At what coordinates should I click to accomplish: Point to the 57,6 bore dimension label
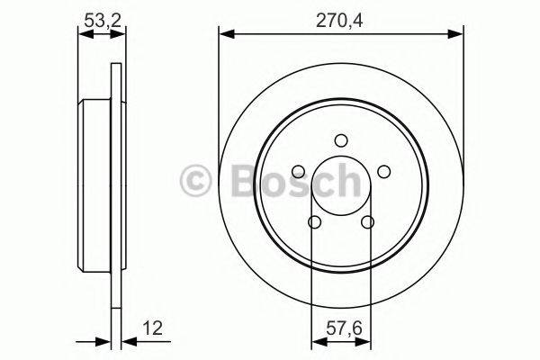(x=340, y=329)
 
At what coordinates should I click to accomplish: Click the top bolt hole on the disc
(x=340, y=139)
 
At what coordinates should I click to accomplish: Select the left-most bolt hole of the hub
(x=298, y=171)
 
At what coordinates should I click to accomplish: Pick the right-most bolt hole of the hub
(x=383, y=171)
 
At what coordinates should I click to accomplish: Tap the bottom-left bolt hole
(x=314, y=221)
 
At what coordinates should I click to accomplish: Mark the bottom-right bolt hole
(x=367, y=221)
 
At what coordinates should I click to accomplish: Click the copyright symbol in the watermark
(x=196, y=181)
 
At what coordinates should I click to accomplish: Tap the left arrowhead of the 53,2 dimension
(x=83, y=34)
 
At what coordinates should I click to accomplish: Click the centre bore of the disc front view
(x=340, y=184)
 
